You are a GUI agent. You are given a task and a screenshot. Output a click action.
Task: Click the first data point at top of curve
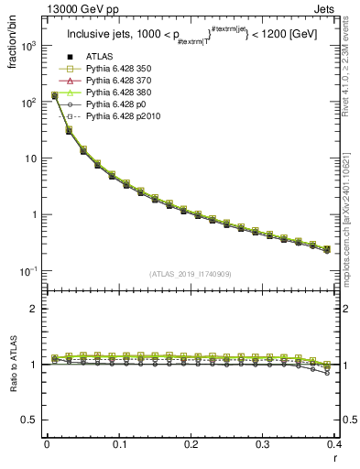[x=54, y=94]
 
